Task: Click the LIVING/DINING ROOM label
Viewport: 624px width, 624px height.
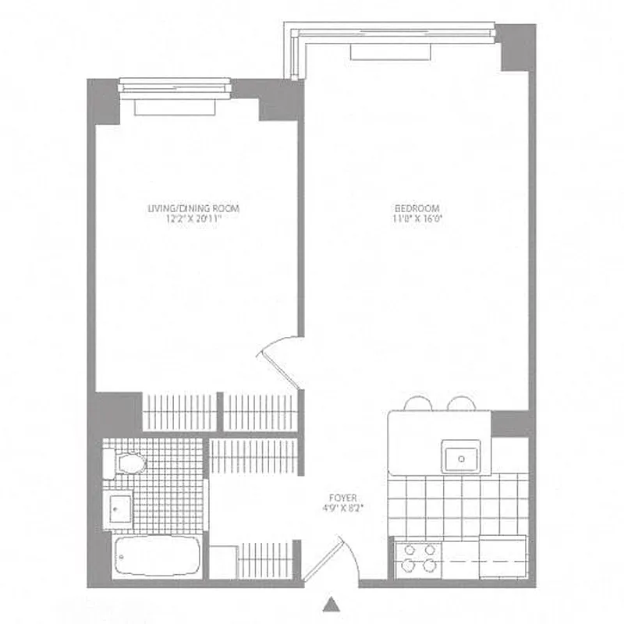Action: (x=193, y=208)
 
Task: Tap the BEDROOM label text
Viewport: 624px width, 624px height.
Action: (x=417, y=208)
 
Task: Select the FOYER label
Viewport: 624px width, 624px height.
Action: (x=343, y=497)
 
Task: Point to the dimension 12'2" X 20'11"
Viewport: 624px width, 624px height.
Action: (x=193, y=219)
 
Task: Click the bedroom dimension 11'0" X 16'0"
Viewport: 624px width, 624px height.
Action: (x=417, y=219)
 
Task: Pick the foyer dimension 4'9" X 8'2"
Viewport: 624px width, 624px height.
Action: (x=343, y=508)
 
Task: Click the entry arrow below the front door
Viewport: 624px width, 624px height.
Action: (x=333, y=604)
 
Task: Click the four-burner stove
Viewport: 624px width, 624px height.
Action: (x=420, y=558)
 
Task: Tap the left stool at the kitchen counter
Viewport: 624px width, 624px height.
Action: (x=418, y=404)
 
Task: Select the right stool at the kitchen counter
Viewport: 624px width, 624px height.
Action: (x=461, y=404)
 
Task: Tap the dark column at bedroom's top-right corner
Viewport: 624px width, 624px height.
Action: (x=516, y=47)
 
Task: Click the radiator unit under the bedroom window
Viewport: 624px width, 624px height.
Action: (x=391, y=51)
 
